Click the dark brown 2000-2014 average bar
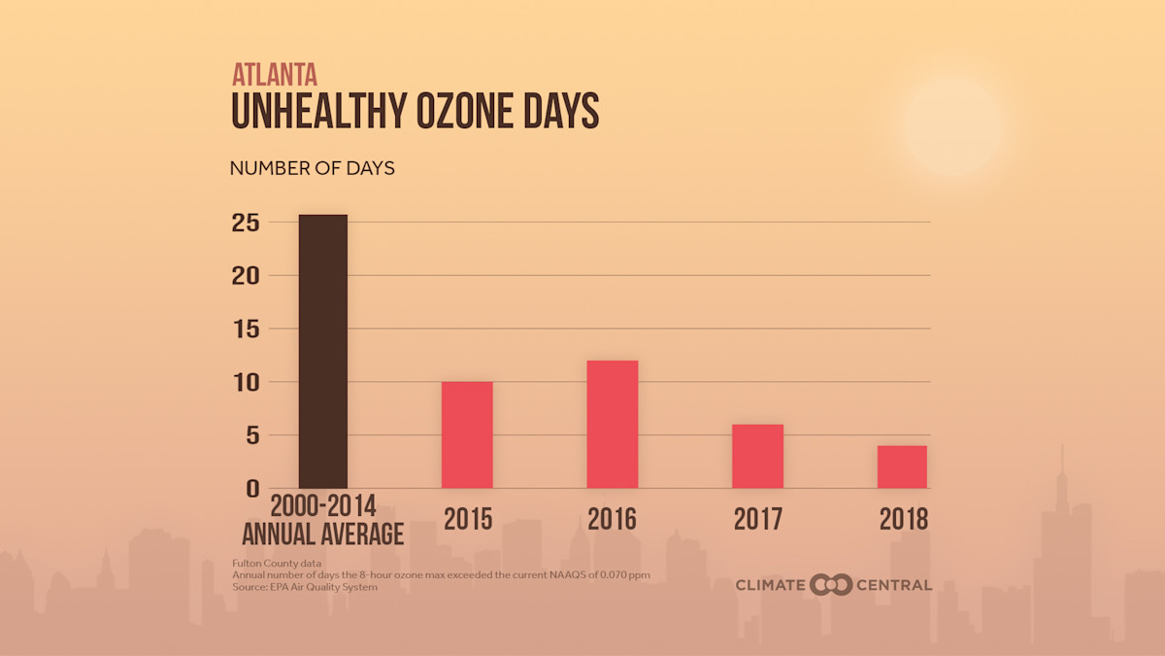click(x=322, y=351)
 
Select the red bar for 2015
click(x=467, y=434)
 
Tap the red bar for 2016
click(x=613, y=424)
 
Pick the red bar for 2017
click(x=757, y=456)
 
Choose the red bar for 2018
click(x=902, y=466)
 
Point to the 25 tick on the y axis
click(x=246, y=223)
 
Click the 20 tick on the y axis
click(x=246, y=276)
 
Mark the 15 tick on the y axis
click(x=246, y=329)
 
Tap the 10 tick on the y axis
click(x=246, y=382)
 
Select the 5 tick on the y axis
click(x=251, y=435)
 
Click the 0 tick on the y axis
click(x=251, y=488)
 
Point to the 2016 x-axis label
click(x=613, y=520)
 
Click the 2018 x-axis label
click(x=903, y=520)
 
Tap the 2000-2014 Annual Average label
click(x=322, y=521)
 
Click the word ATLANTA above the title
click(x=275, y=75)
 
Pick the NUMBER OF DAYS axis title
click(x=312, y=168)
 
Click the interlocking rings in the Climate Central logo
click(x=831, y=585)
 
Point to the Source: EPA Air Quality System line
click(x=304, y=587)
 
